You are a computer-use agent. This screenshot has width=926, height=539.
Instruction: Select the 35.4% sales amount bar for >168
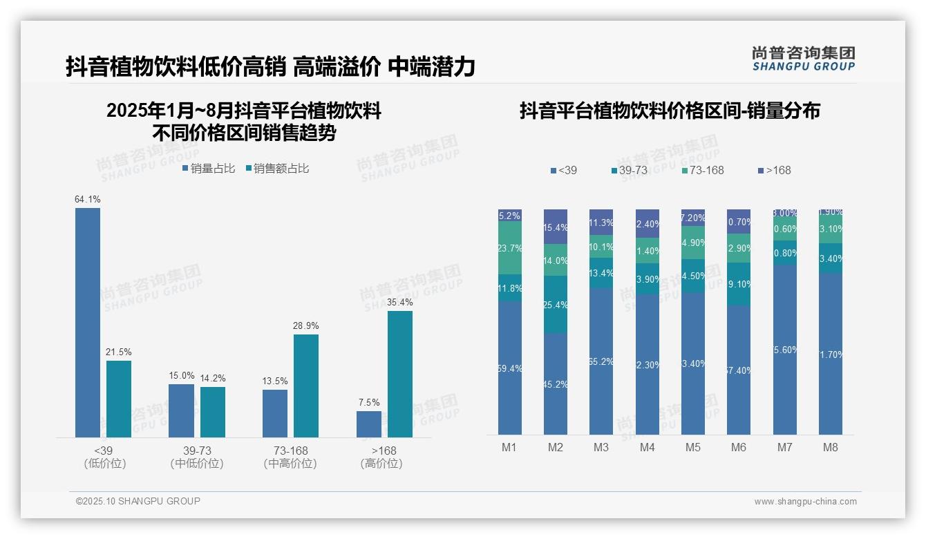(x=399, y=374)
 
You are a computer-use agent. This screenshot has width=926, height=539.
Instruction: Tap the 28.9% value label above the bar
(x=306, y=325)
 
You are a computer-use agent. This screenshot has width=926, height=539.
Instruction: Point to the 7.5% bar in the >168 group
(x=369, y=424)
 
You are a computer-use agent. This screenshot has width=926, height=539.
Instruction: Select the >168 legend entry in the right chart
(x=773, y=170)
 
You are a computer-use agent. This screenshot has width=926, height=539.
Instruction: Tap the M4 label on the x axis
(x=647, y=447)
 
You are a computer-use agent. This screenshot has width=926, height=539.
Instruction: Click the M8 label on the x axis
(x=830, y=447)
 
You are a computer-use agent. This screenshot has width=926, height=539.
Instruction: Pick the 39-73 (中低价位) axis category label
(x=197, y=457)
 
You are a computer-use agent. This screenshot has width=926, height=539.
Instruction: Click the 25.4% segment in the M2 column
(x=556, y=305)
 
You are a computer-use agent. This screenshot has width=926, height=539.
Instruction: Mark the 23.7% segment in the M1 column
(x=510, y=248)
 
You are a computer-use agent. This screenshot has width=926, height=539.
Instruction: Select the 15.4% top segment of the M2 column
(x=556, y=227)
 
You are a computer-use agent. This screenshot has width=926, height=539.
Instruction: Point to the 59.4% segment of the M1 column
(x=510, y=368)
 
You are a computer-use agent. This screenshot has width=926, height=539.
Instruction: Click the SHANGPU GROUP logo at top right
(x=803, y=59)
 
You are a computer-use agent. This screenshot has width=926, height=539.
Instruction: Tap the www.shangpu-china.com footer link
(x=805, y=502)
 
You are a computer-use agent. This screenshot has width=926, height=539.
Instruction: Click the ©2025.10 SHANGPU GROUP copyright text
(x=138, y=501)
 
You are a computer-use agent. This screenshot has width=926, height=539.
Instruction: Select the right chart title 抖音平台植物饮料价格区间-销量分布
(x=670, y=111)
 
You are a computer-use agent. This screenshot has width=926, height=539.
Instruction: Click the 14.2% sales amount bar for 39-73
(x=213, y=412)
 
